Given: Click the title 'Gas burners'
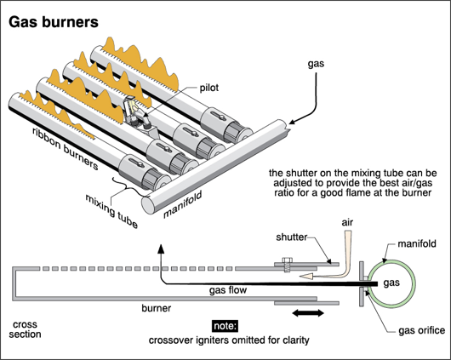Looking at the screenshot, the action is coord(54,22).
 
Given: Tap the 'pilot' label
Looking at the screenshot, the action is coord(209,88).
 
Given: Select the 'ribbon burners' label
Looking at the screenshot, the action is coord(66,148).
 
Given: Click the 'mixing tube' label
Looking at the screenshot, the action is coord(111,211).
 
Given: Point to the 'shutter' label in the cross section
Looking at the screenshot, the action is coord(292,237).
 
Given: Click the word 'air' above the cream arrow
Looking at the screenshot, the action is coord(347,222).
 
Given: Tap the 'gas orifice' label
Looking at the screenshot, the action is coord(422,331).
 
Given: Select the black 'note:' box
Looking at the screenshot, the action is coord(225,326).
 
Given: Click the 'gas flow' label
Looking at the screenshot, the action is coord(228,289).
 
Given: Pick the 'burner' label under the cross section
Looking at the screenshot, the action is coord(157,308).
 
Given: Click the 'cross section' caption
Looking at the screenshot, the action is coord(25,329).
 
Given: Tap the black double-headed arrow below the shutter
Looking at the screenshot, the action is coord(308,313).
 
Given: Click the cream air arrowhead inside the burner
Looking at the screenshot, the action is coord(306,277).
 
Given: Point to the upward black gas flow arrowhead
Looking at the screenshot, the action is coord(161,249).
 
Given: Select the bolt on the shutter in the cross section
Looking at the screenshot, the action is coord(287,265).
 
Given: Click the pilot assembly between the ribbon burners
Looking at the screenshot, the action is coord(137,112).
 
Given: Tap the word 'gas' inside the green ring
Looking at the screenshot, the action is coord(391,283).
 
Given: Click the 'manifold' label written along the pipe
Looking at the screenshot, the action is coord(183,204).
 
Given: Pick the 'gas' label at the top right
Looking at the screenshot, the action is coord(316,64).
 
